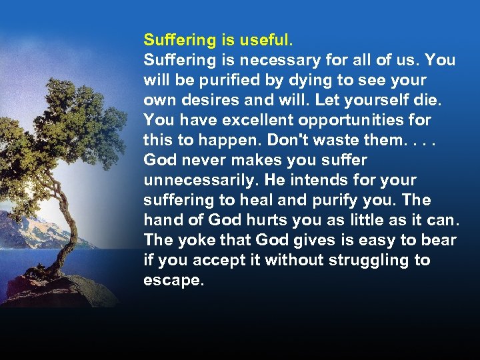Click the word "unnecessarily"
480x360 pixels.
coord(200,180)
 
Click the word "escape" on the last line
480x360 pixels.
coord(172,281)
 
